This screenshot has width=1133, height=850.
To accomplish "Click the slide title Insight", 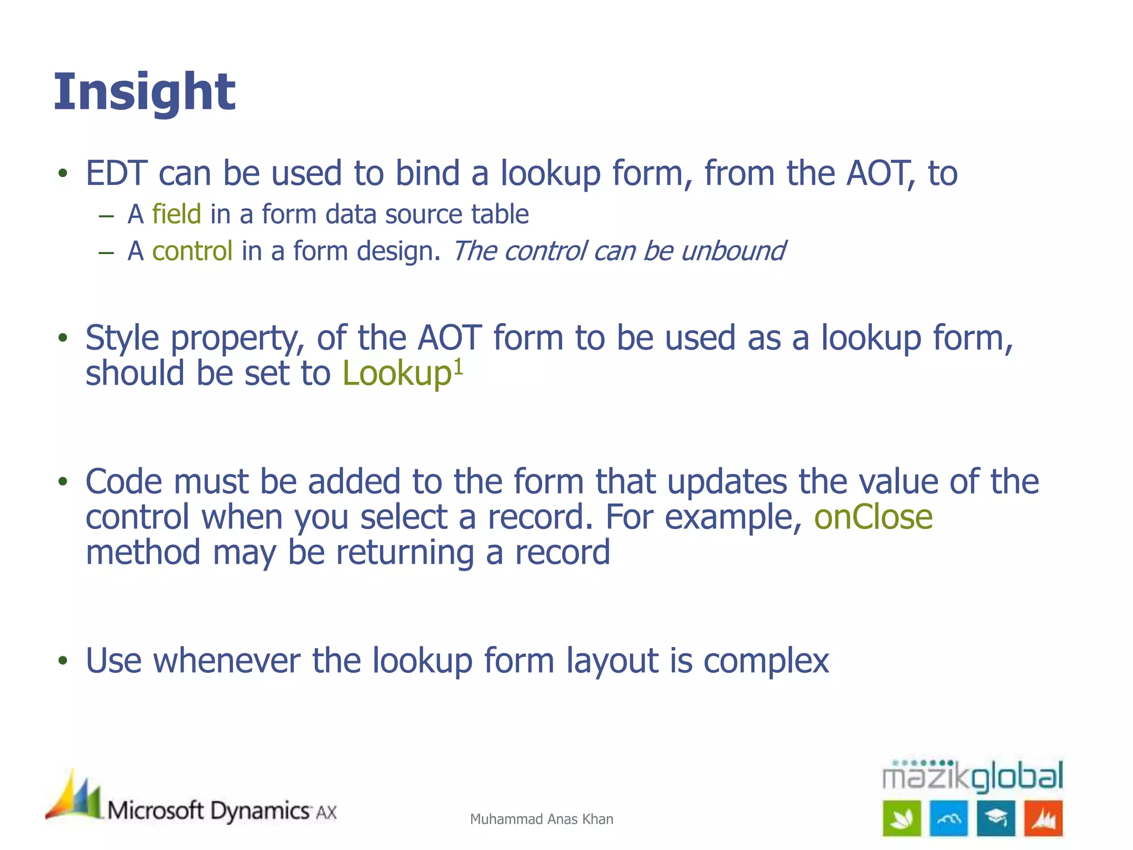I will coord(144,92).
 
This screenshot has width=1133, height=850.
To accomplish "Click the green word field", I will coord(176,214).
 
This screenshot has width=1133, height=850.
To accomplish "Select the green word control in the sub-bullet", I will coord(192,251).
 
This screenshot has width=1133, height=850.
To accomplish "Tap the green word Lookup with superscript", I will coord(397,374).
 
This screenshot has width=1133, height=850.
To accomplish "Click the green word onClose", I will coord(873,517).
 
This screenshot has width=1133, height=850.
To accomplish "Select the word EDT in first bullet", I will coord(116,173).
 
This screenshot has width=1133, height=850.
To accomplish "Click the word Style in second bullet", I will coord(122,338).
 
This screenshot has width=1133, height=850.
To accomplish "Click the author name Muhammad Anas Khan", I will coord(541,819).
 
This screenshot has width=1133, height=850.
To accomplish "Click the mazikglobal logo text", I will coord(972,776).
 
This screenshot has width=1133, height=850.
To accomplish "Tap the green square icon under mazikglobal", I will coord(902,818).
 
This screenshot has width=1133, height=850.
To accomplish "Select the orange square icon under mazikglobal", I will coord(1043,818).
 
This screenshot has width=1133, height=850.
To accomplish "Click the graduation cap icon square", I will coord(996,818).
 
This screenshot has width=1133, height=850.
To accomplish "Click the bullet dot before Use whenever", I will coord(63,661).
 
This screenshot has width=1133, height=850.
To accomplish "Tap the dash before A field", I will coord(106,215).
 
